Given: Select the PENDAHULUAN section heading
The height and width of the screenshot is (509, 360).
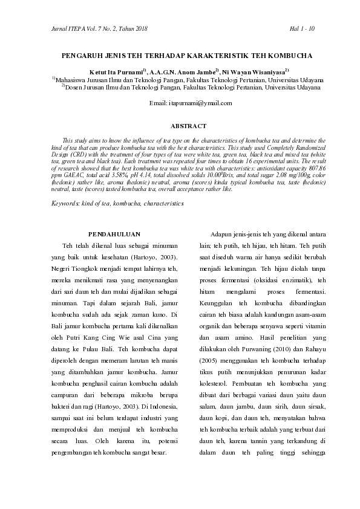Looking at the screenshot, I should [114, 233].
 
